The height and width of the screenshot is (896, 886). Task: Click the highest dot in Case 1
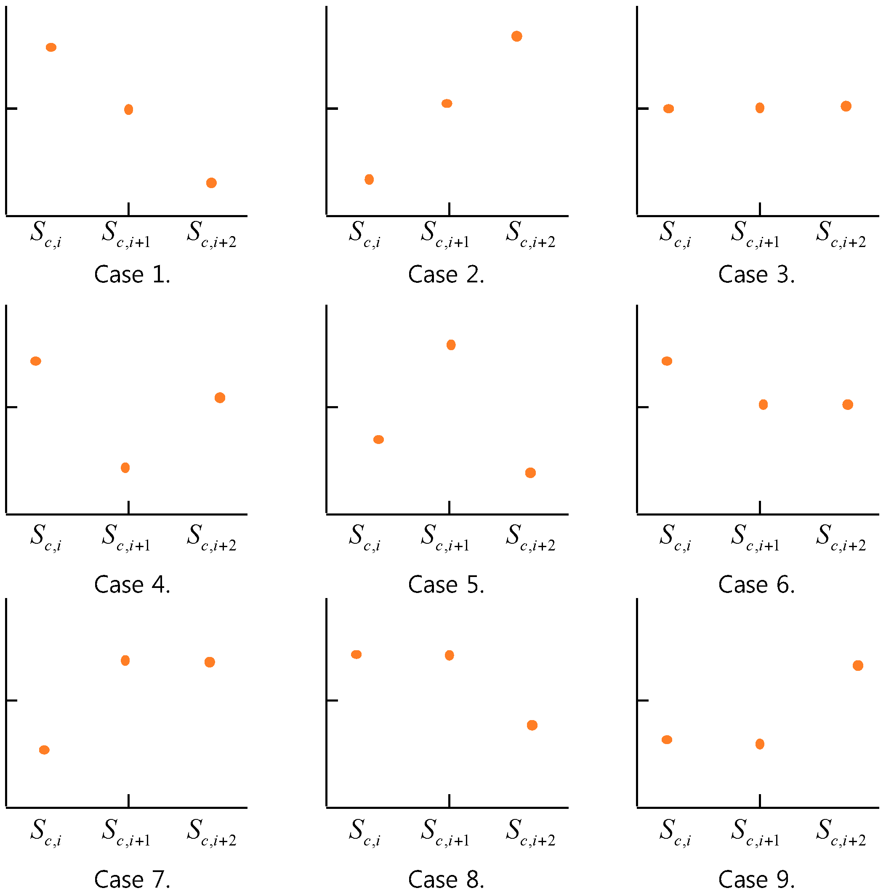click(51, 47)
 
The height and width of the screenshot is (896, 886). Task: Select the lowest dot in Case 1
click(211, 183)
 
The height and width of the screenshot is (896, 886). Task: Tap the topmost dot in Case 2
click(516, 36)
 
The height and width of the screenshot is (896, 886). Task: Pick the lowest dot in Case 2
click(369, 179)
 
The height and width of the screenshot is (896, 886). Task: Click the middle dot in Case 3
click(759, 108)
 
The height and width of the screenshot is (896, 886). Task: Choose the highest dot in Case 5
click(450, 345)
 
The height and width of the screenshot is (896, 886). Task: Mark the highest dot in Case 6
click(667, 361)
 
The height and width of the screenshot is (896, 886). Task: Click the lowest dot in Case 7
click(44, 750)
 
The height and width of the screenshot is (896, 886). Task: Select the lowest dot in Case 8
click(532, 725)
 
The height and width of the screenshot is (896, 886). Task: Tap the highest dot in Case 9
click(858, 665)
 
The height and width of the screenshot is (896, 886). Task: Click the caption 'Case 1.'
click(132, 274)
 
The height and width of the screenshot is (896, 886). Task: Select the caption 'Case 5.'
click(446, 585)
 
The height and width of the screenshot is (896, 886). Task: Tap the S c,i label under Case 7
click(46, 832)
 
